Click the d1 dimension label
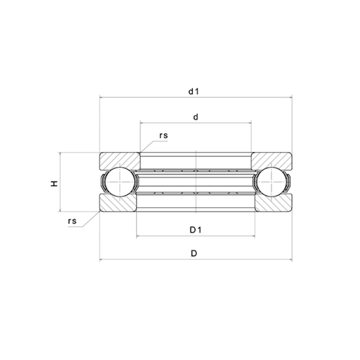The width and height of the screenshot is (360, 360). coord(194,91)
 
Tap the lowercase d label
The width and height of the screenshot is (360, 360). coord(196,117)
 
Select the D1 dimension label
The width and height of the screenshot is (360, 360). coord(195,230)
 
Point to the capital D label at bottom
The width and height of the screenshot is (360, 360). coord(194,253)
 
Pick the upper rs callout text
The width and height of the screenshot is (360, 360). coord(163,135)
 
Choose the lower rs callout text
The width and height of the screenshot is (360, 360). coord(72,221)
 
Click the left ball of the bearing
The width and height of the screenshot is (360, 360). coord(120,181)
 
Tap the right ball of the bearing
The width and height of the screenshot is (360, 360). coord(271,181)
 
